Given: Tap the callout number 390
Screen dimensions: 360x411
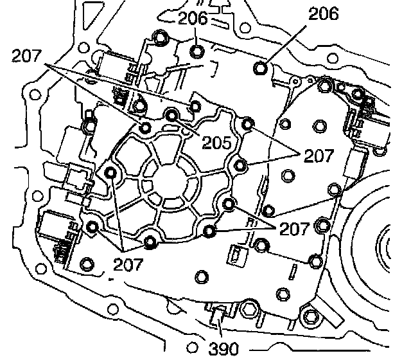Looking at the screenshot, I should click(223, 350).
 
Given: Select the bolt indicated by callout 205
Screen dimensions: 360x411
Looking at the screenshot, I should click(172, 115).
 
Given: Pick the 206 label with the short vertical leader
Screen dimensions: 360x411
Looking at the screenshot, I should click(193, 18).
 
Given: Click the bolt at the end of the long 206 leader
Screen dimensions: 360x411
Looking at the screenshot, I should click(261, 68).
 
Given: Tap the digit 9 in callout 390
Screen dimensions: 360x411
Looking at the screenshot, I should click(223, 350).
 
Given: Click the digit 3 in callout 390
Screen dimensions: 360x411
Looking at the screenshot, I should click(213, 350).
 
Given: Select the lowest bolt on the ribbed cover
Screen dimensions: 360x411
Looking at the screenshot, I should click(152, 241).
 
